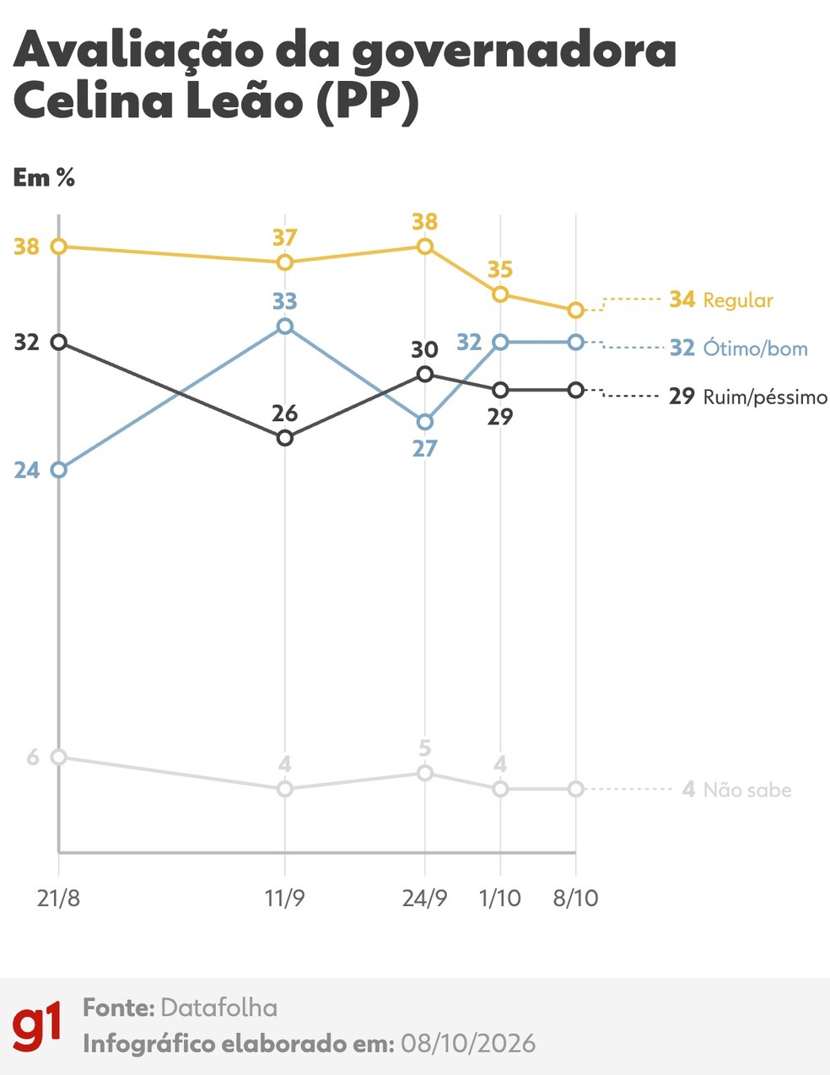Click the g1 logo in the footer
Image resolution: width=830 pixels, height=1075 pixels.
pos(36,1025)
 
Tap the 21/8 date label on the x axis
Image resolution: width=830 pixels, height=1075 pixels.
pos(58,899)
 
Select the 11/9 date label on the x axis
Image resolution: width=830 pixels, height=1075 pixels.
pos(285,899)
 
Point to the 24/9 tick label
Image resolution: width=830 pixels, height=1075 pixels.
pos(424,899)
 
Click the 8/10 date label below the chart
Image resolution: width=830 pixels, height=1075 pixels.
pos(575,899)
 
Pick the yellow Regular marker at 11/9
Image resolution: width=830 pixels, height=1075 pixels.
pos(285,262)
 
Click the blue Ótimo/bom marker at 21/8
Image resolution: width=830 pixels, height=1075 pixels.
pos(59,469)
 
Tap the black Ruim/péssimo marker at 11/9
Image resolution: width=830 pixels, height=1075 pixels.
pos(285,438)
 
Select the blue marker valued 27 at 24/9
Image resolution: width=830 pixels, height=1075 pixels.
pos(425,422)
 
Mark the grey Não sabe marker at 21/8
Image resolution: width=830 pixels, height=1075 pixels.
pos(59,757)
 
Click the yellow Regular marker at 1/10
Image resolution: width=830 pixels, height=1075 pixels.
pos(500,294)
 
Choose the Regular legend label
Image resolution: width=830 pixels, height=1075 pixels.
pos(738,300)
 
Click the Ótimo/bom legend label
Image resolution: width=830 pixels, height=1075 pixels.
pos(756,348)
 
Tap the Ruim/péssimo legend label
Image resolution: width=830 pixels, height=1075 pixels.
pos(765,397)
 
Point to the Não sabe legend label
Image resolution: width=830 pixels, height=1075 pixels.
pos(747,790)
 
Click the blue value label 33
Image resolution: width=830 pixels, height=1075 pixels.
pos(285,300)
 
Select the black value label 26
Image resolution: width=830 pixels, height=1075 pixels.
pos(285,413)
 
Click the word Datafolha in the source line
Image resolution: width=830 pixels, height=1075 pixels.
pos(219,1007)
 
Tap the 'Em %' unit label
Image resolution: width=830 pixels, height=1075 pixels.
pos(44,177)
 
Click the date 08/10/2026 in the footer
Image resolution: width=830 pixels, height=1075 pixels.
pos(467,1044)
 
